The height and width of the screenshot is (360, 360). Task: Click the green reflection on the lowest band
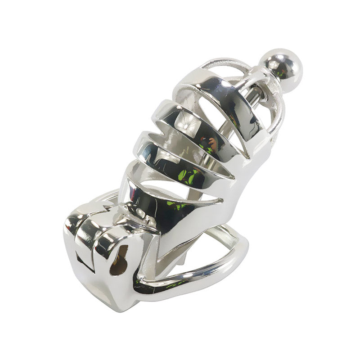pos(175,205)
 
